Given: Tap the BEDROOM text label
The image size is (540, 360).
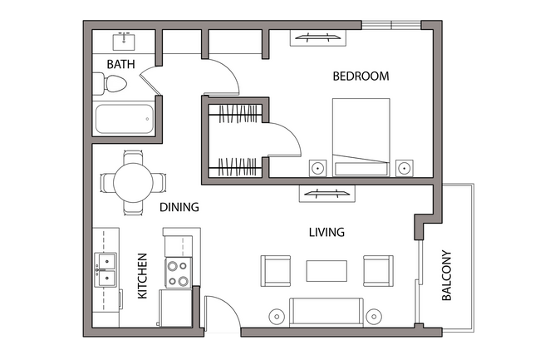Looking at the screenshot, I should pyautogui.click(x=361, y=76).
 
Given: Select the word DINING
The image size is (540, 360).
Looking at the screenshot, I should pyautogui.click(x=179, y=207).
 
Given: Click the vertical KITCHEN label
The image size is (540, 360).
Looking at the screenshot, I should pyautogui.click(x=142, y=276).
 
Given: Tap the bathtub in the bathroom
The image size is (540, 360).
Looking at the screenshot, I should pyautogui.click(x=125, y=121).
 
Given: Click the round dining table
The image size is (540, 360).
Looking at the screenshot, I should pyautogui.click(x=132, y=181).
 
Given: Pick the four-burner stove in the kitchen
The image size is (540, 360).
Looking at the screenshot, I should pyautogui.click(x=178, y=274).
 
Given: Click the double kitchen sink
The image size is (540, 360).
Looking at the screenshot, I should pyautogui.click(x=106, y=275).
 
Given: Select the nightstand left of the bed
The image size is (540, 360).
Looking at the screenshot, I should pyautogui.click(x=317, y=167).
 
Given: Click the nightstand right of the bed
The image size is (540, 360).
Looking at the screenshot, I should pyautogui.click(x=404, y=167).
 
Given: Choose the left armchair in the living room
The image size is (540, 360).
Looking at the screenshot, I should pyautogui.click(x=276, y=270).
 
